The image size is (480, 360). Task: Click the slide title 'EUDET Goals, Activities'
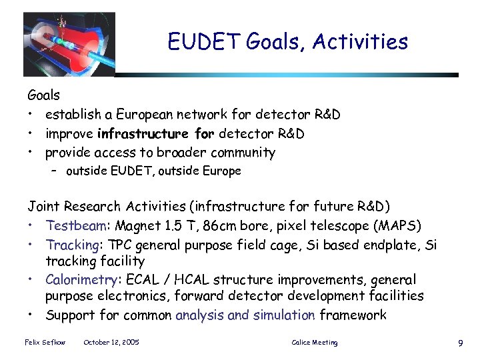point(287,42)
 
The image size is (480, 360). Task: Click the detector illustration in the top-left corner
point(69,43)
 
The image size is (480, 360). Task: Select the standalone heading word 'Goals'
point(43,95)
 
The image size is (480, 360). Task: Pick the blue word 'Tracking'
point(71,245)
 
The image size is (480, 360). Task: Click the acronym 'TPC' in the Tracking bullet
point(113,245)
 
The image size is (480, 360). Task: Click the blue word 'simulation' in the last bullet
point(284,315)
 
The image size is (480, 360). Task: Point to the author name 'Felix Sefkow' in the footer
point(45,343)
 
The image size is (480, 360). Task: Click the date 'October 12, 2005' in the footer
point(111,343)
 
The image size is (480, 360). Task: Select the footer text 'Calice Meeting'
point(315,343)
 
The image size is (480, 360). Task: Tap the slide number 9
point(460,343)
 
